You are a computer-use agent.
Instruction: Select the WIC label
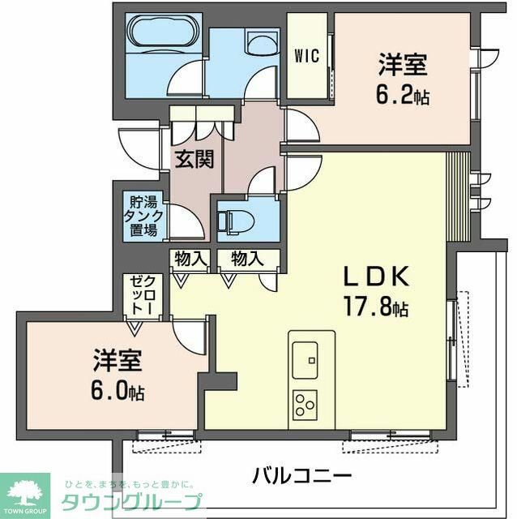pos(305,56)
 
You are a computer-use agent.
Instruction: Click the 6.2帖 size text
pos(403,96)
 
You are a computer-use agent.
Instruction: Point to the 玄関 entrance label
pos(194,159)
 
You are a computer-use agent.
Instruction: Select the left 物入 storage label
pos(190,259)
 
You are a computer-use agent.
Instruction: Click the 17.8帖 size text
pos(375,308)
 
